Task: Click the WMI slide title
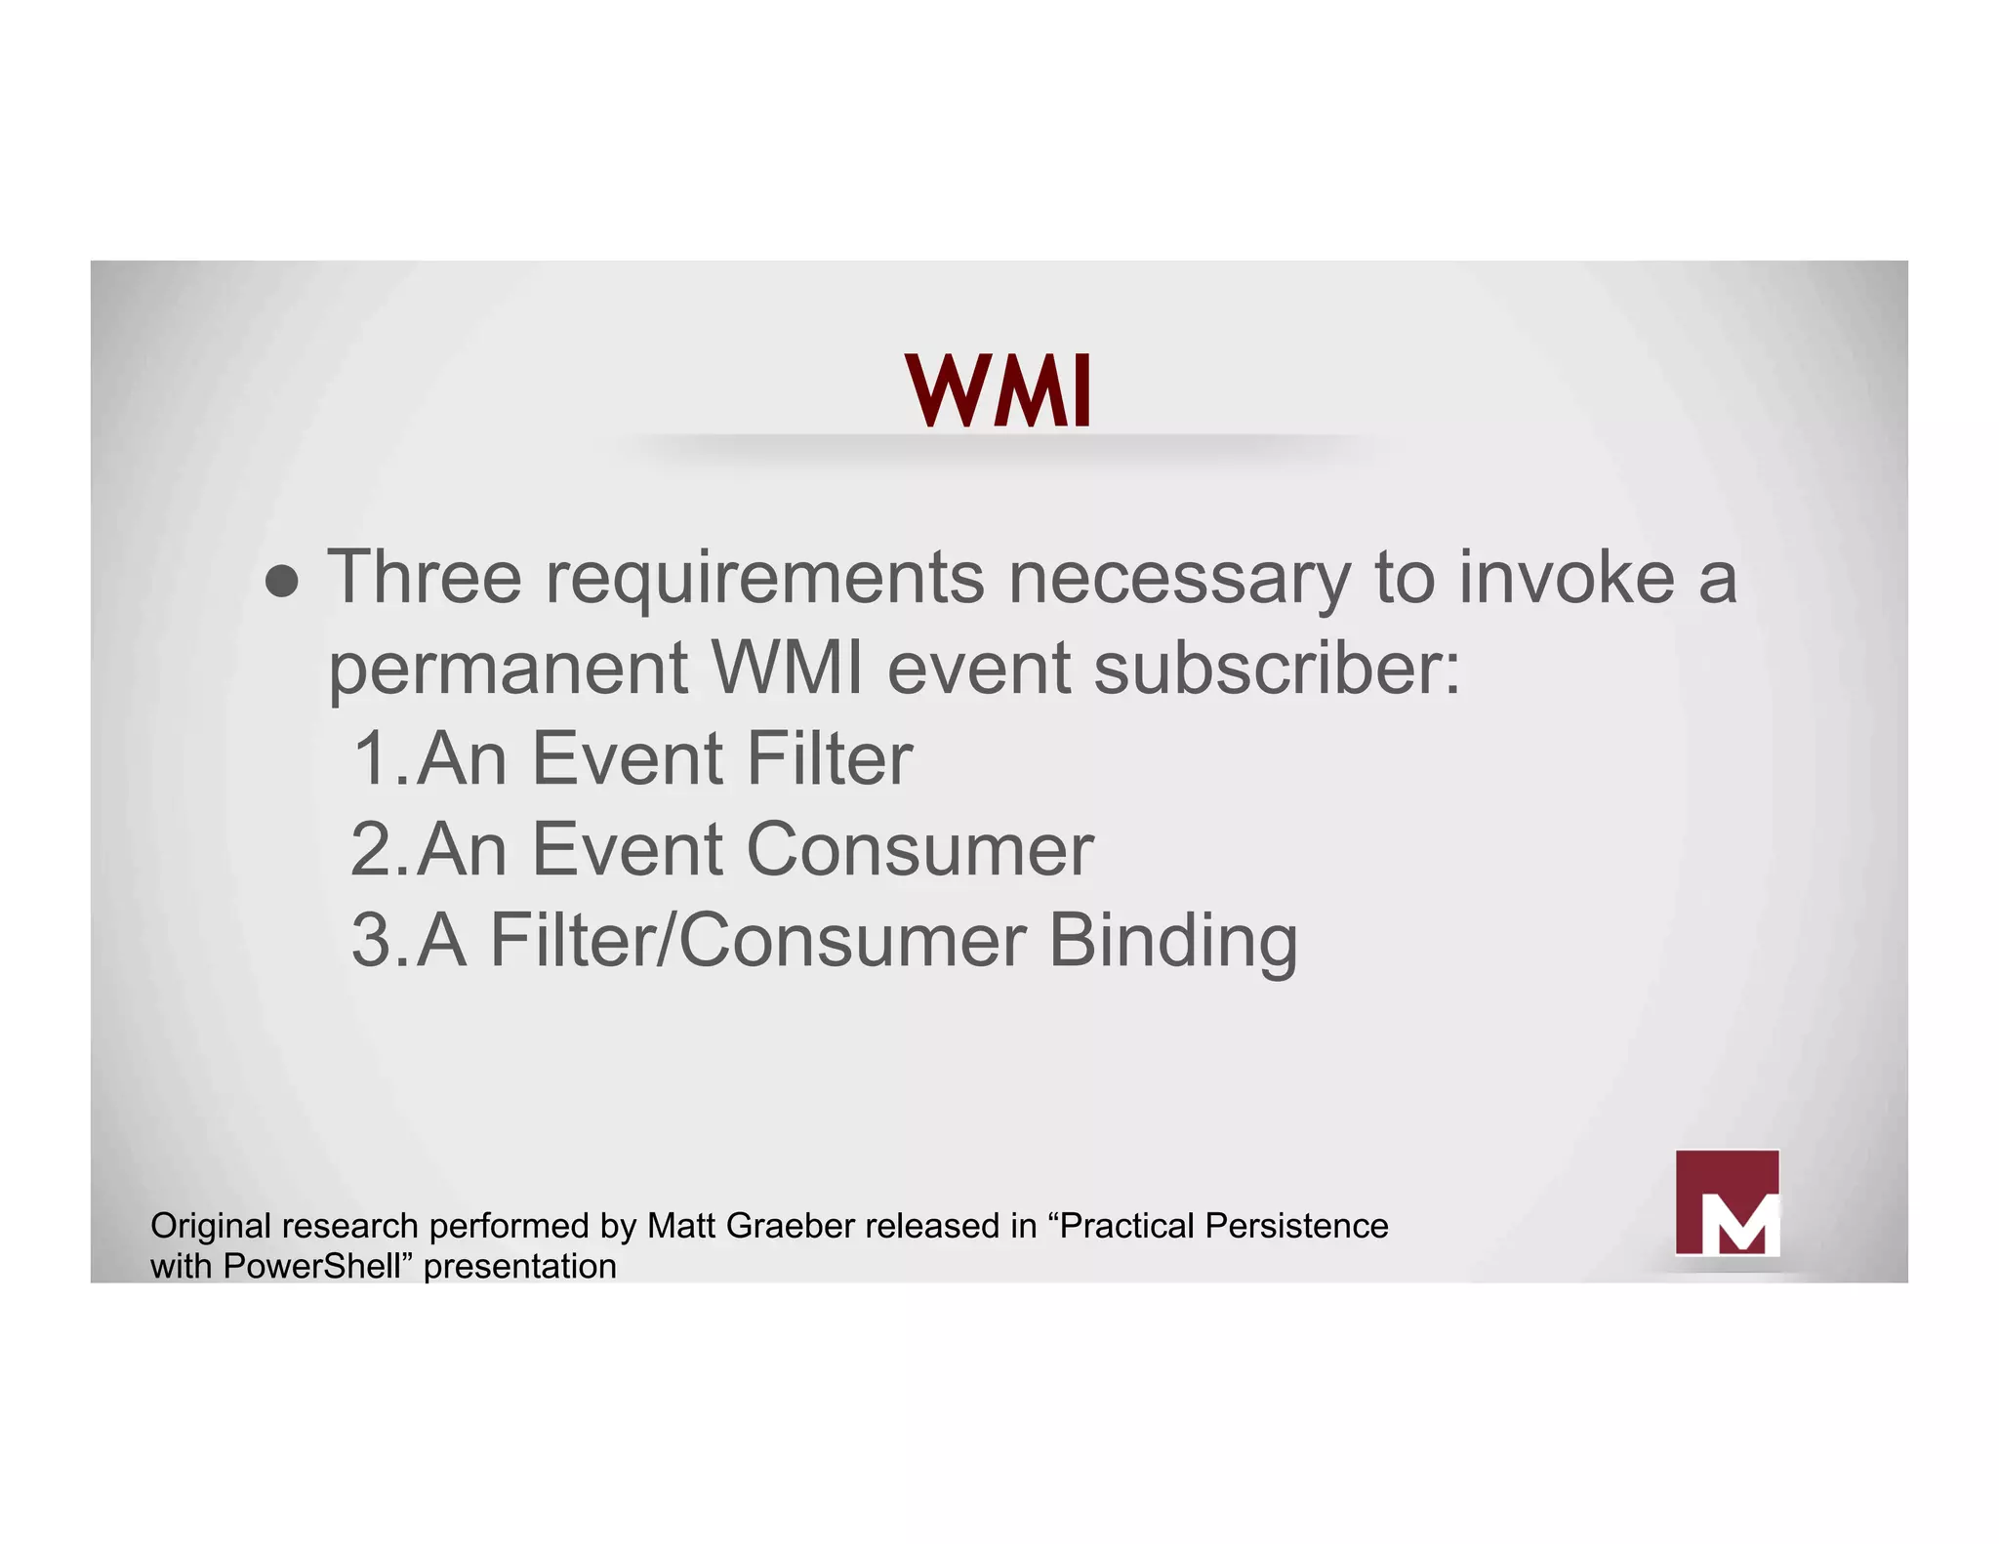click(998, 391)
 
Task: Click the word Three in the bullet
click(425, 577)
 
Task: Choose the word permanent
click(509, 670)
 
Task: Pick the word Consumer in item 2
click(919, 849)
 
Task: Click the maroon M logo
click(1727, 1202)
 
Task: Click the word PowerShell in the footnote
click(312, 1267)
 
